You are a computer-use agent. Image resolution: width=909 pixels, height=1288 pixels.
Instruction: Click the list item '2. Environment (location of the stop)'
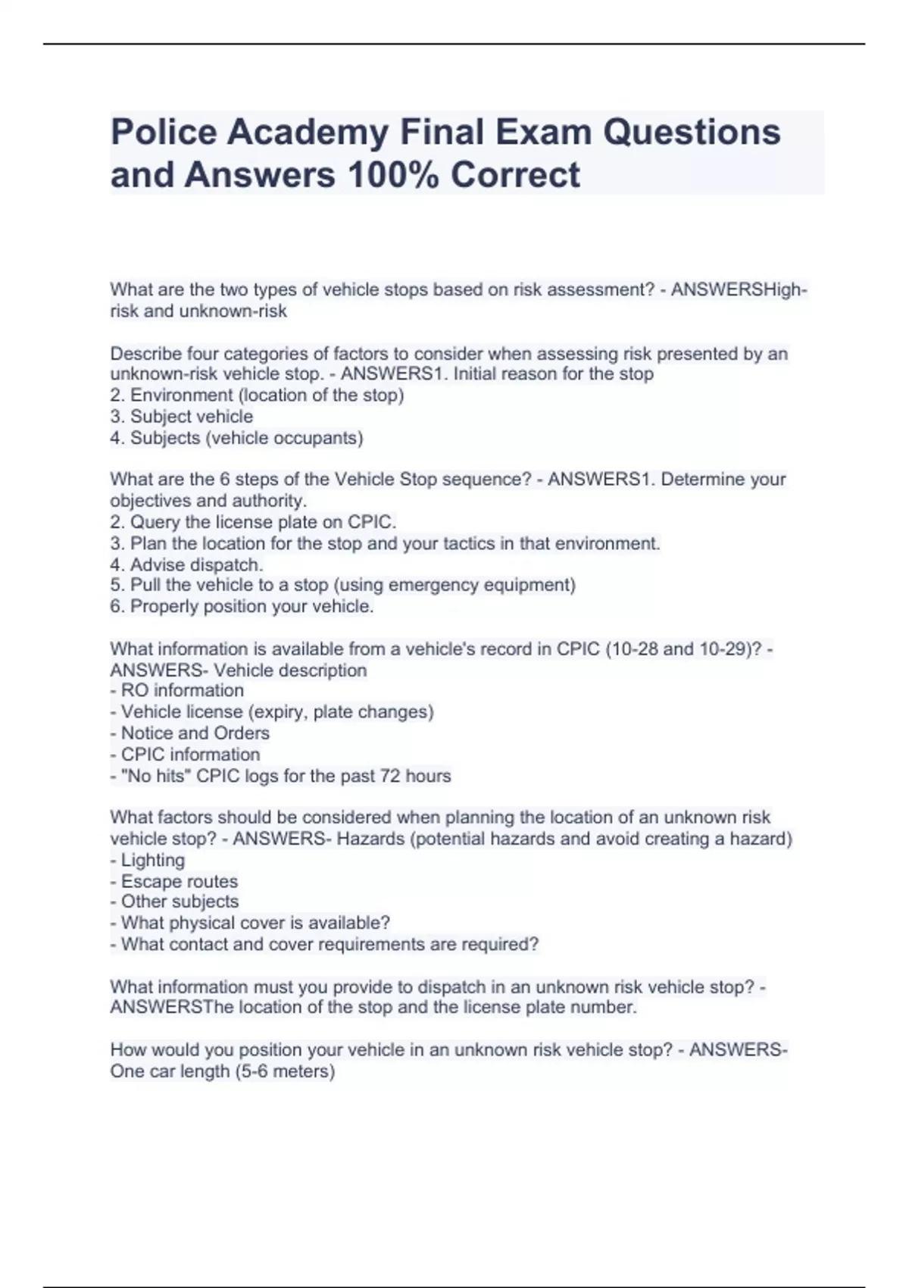pos(257,395)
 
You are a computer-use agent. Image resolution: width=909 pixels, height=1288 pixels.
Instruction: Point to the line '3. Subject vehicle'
pos(182,417)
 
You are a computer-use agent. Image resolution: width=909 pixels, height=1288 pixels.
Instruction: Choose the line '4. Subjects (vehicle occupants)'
pos(236,438)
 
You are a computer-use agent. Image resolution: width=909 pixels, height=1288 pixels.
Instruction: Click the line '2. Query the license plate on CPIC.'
pos(253,522)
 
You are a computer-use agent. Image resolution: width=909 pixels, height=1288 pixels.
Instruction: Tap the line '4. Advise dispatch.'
pos(186,564)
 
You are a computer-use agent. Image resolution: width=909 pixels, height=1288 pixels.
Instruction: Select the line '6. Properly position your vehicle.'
pos(242,606)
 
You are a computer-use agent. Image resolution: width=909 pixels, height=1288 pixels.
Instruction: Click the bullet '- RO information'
pos(177,690)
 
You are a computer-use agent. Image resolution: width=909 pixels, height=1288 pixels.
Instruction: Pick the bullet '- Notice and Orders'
pos(190,733)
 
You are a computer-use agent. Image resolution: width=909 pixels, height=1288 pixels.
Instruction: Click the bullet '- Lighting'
pos(148,860)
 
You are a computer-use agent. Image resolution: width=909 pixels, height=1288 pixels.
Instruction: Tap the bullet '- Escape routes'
pos(174,881)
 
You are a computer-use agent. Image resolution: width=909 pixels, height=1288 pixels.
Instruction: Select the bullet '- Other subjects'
pos(174,902)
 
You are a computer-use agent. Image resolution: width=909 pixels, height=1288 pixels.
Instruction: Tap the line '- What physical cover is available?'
pos(250,923)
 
